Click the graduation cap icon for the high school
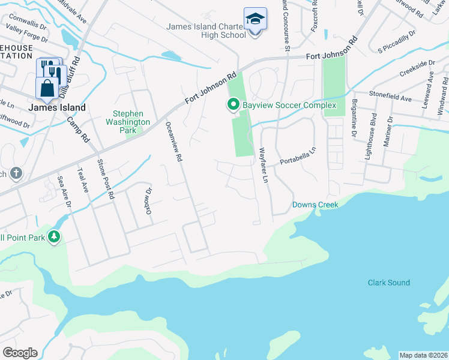(x=255, y=20)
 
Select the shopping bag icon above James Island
(x=47, y=88)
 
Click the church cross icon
(x=16, y=174)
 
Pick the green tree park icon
(x=55, y=237)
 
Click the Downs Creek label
(x=315, y=205)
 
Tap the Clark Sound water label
(x=388, y=283)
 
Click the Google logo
(x=19, y=352)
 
